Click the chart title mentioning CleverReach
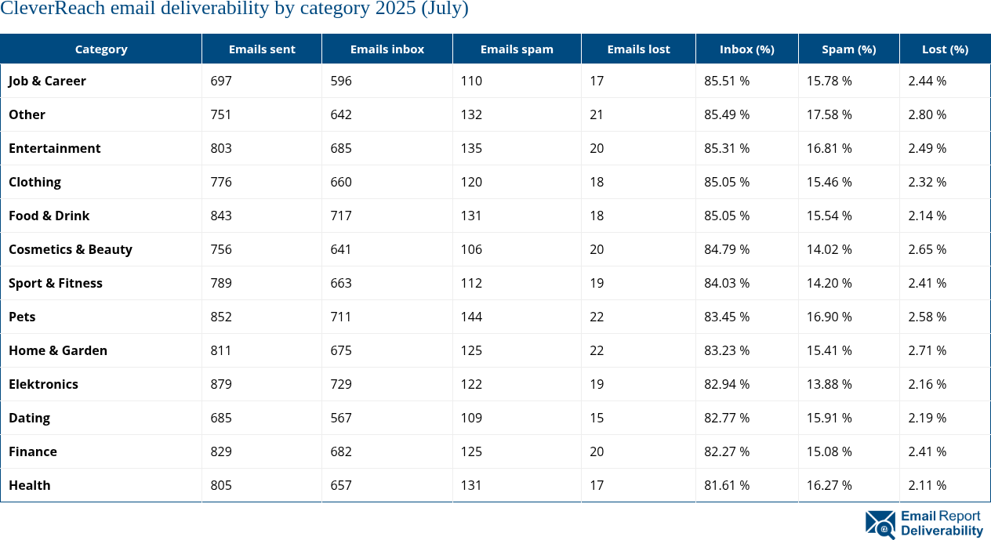point(234,9)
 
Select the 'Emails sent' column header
point(262,49)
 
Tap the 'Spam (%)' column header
point(848,49)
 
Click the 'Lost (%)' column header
point(945,49)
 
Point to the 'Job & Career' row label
point(47,81)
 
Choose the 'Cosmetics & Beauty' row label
point(71,249)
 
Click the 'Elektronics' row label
point(43,384)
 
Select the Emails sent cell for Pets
point(221,317)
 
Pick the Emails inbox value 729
point(341,384)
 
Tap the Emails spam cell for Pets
point(471,317)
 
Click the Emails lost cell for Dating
point(597,418)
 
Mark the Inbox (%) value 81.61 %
point(727,485)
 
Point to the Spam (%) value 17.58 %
point(829,114)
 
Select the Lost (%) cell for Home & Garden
point(927,350)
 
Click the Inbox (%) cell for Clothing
point(727,182)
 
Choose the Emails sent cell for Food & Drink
point(221,216)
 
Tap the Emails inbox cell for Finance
point(341,451)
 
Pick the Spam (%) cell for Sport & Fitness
point(829,283)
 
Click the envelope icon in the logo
point(880,524)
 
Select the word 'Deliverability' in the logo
point(942,531)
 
